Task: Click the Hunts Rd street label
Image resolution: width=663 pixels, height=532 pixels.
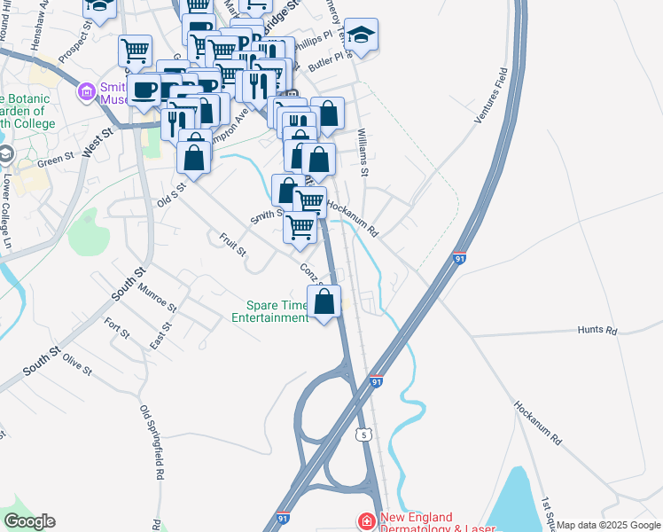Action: coord(597,330)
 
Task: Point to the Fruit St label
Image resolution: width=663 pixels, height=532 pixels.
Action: coord(233,245)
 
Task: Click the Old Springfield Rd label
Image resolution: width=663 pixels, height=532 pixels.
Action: coord(152,442)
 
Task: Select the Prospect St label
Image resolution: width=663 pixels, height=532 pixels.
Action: coord(76,43)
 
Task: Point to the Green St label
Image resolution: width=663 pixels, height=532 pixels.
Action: coord(55,160)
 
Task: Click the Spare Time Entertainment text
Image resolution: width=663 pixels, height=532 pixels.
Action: coord(269,311)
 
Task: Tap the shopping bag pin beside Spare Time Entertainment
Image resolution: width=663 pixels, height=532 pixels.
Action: coord(325,301)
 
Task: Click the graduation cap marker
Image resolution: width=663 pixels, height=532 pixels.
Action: coord(361,35)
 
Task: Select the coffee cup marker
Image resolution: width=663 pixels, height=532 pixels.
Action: coord(144,90)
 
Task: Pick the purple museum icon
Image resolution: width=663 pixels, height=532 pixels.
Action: coord(87,90)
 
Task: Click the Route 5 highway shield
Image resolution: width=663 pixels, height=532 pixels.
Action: coord(363,434)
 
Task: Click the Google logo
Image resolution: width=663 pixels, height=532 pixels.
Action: coord(29,521)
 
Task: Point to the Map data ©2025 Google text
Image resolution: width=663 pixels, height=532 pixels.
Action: coord(608,525)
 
